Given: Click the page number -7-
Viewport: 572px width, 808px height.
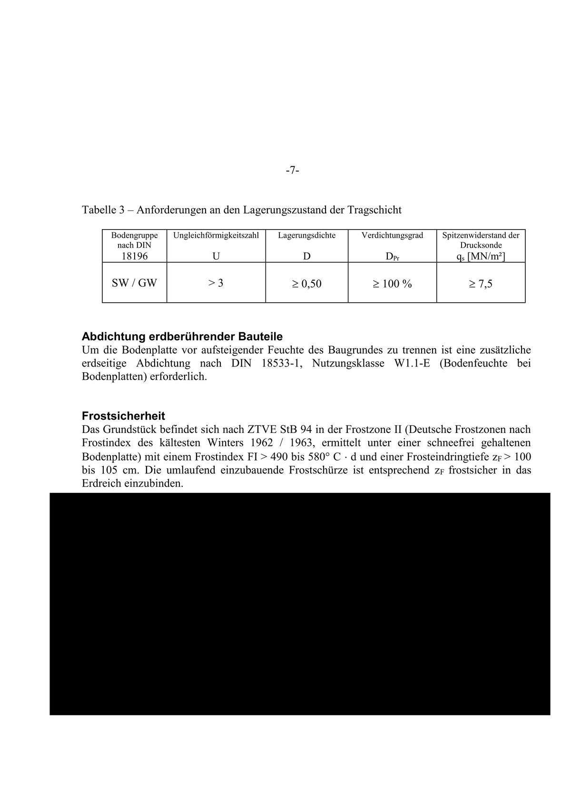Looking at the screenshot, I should click(x=292, y=170).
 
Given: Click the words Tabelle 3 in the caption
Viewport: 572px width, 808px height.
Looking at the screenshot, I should click(x=102, y=210).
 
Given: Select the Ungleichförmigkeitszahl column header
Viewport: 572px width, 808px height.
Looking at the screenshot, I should click(x=216, y=235).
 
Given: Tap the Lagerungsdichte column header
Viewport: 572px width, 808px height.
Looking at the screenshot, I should click(x=306, y=235).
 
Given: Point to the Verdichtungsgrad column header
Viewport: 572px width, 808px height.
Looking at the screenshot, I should click(x=392, y=235).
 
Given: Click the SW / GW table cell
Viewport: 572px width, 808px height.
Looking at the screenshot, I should click(x=134, y=283).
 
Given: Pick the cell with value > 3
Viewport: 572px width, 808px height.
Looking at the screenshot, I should click(x=216, y=283).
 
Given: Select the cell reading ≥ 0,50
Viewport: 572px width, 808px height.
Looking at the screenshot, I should click(x=306, y=284).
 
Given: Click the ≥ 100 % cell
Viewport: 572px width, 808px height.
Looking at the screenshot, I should click(x=392, y=284).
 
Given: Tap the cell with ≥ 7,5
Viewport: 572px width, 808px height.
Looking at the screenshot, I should click(x=480, y=284).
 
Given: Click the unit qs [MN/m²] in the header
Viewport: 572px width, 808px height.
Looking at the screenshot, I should click(x=480, y=257).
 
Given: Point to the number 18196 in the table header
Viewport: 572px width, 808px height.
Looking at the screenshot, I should click(x=134, y=256).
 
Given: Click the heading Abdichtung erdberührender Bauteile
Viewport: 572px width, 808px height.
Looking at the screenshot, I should click(x=182, y=337).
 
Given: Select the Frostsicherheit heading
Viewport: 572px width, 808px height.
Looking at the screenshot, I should click(x=123, y=416).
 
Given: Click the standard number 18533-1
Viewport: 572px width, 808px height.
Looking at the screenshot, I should click(x=282, y=364).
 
